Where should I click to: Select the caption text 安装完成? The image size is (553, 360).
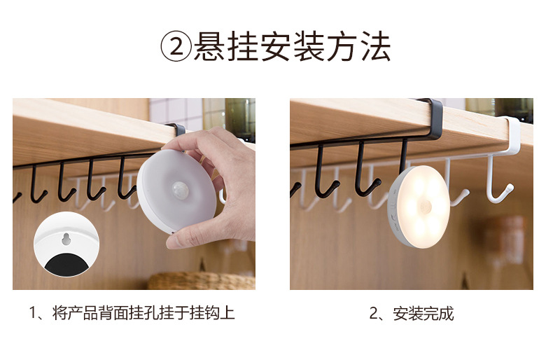[x=423, y=314]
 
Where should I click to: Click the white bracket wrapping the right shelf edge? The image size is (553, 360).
[x=510, y=133]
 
